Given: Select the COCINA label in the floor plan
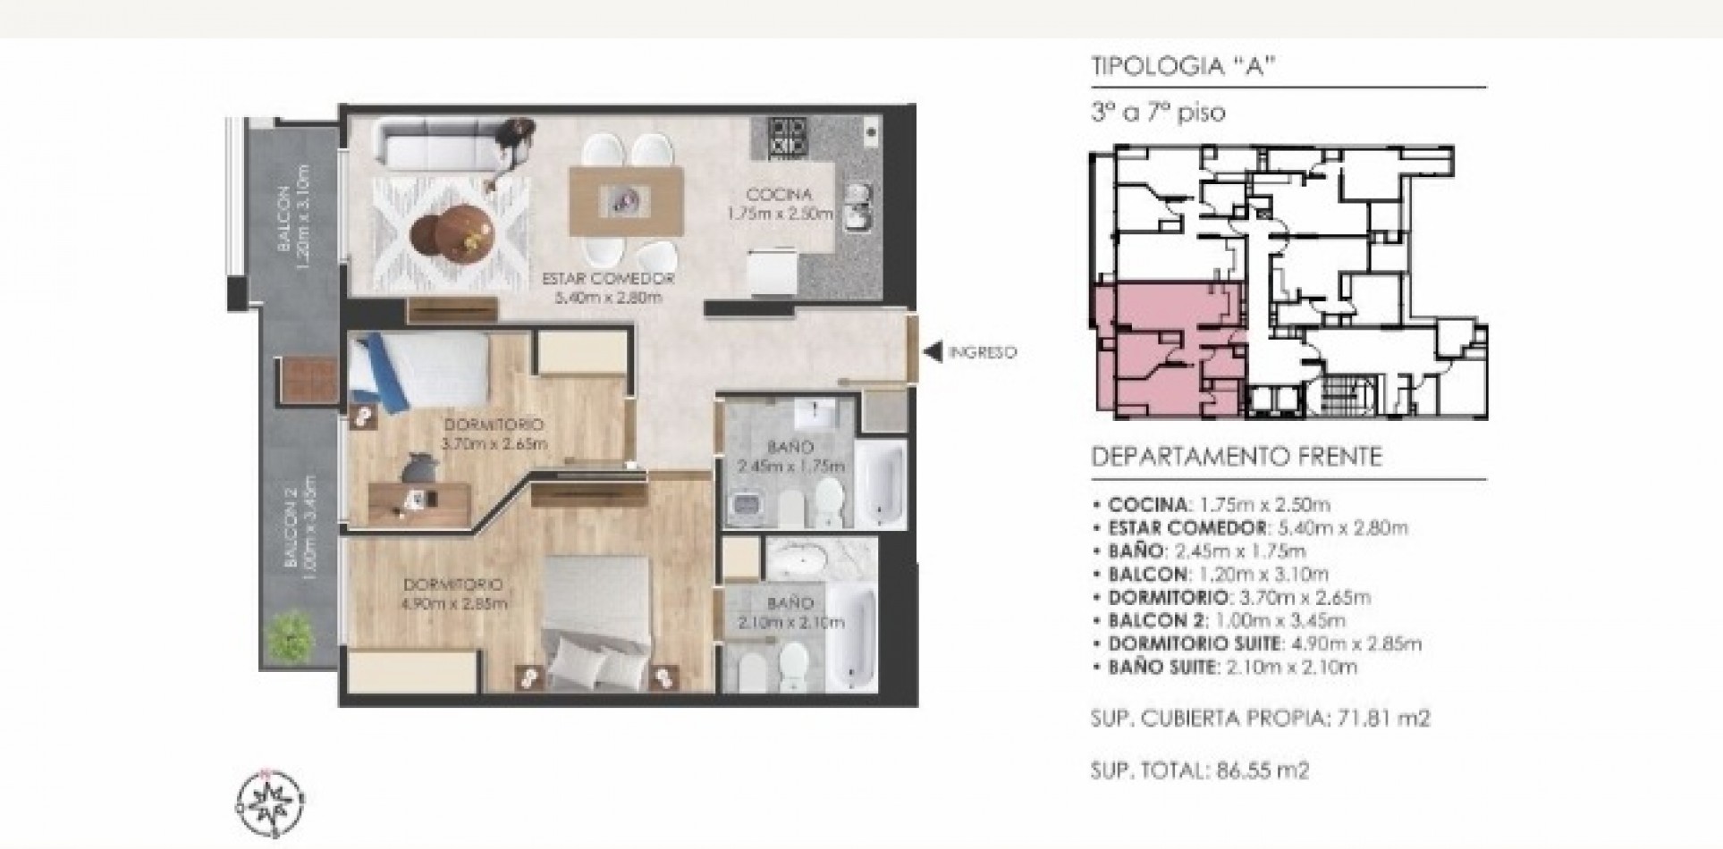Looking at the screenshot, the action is (x=779, y=195).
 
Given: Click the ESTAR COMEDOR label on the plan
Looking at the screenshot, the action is (x=608, y=279).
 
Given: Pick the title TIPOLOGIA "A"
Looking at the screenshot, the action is (x=1181, y=68).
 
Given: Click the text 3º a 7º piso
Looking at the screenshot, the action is (x=1159, y=113).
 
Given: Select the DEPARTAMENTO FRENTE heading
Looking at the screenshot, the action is (x=1237, y=457).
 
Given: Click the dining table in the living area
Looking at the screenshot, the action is (x=626, y=201).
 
